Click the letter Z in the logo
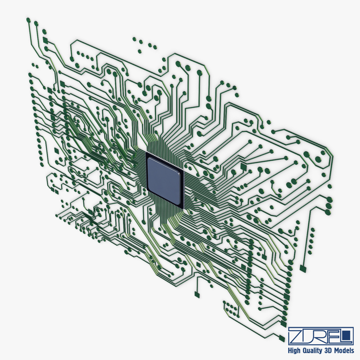(296, 335)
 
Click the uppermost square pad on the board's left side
(45, 41)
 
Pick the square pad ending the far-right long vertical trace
(303, 269)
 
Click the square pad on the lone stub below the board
(196, 294)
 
